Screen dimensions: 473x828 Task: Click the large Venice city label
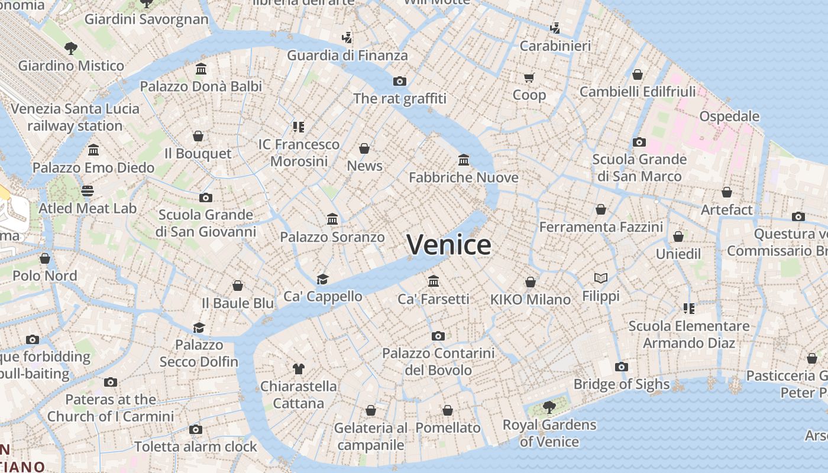click(x=449, y=245)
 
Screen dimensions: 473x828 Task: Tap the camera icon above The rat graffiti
click(x=400, y=82)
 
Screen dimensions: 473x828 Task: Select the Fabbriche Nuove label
click(x=464, y=177)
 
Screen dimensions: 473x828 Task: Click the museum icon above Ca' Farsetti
click(x=434, y=281)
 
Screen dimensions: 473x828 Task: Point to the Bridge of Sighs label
click(x=622, y=384)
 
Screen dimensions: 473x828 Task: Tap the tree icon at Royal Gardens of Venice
click(x=549, y=407)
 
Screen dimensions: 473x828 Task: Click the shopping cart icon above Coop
click(x=529, y=77)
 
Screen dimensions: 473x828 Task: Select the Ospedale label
click(x=729, y=116)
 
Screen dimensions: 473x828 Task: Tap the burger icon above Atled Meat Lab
click(x=88, y=191)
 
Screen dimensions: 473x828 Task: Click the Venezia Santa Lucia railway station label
click(x=75, y=117)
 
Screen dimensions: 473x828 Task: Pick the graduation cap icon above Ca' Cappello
click(x=322, y=278)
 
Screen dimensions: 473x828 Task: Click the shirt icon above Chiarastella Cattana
click(x=299, y=369)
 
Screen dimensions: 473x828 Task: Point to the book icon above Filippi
click(x=601, y=278)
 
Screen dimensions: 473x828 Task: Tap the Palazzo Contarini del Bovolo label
click(x=438, y=361)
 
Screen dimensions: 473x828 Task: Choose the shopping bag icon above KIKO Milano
click(x=531, y=282)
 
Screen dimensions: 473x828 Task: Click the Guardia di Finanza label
click(x=347, y=56)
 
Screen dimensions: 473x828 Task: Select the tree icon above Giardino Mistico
click(x=71, y=48)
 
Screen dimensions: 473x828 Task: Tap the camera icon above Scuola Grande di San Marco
click(x=639, y=142)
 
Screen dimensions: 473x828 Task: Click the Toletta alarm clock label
click(x=196, y=447)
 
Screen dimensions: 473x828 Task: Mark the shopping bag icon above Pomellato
click(x=448, y=410)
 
